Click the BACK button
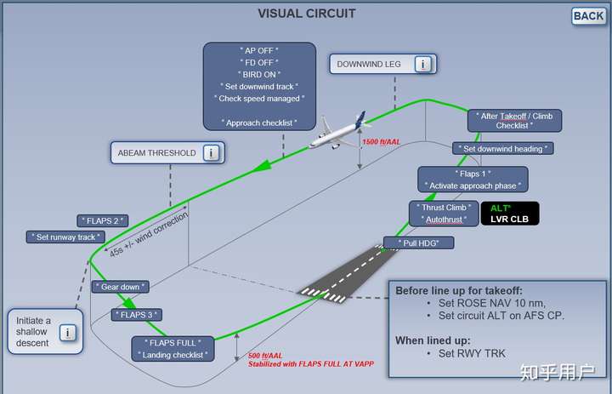(x=588, y=16)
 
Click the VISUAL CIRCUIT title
(x=306, y=14)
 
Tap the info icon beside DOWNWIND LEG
(x=422, y=64)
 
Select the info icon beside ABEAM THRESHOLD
(x=211, y=153)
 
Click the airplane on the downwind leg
(x=339, y=131)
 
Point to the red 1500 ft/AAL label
(x=382, y=142)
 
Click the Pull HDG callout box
(x=419, y=243)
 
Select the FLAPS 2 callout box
(x=103, y=221)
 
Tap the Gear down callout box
(x=120, y=287)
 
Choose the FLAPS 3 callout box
(x=137, y=315)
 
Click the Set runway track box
(x=65, y=237)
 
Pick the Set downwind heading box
(x=502, y=149)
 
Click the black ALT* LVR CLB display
(x=510, y=214)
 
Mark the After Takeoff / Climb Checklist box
(x=515, y=120)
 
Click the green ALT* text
(x=501, y=208)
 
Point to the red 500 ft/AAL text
(x=265, y=356)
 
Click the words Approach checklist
(x=259, y=123)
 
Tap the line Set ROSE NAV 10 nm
(x=492, y=303)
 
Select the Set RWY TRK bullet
(x=472, y=353)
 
